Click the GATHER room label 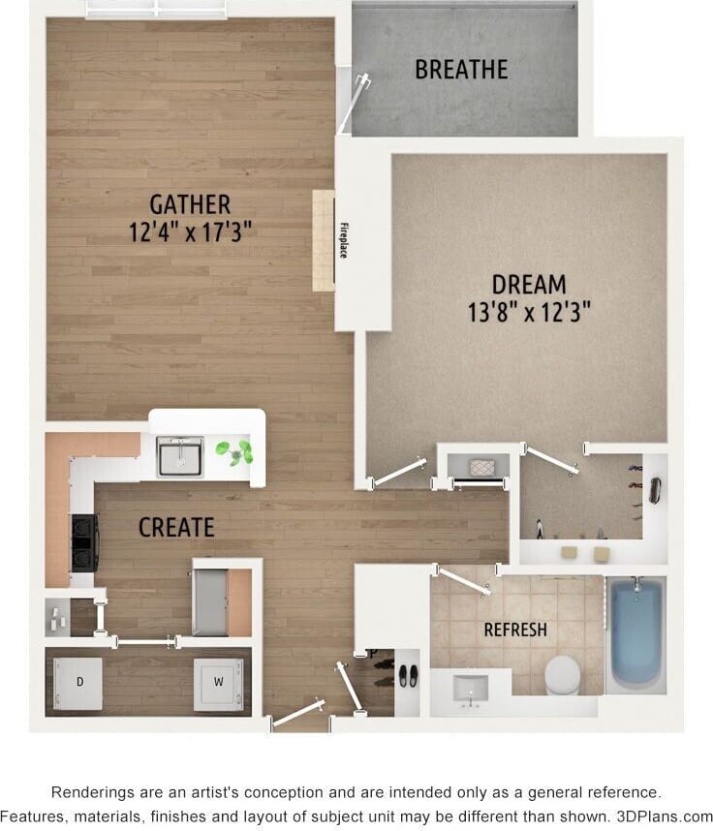tap(190, 204)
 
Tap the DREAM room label tap(529, 284)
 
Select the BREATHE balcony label tap(461, 70)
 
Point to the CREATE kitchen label tap(176, 527)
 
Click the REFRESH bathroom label tap(515, 630)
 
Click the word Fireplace tap(343, 241)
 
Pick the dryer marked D tap(79, 683)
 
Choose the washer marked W tap(218, 683)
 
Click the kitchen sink tap(180, 456)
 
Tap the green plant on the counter tap(235, 450)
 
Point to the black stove tap(83, 543)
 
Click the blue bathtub tap(635, 631)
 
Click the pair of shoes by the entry tap(408, 675)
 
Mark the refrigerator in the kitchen tap(210, 600)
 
